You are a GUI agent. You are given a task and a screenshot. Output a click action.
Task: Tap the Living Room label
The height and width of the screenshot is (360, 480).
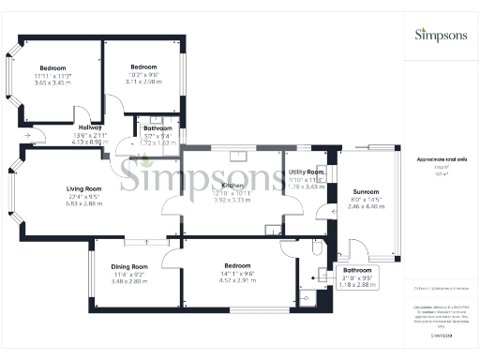click(82, 187)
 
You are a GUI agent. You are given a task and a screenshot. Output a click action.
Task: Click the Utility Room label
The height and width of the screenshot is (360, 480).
click(307, 172)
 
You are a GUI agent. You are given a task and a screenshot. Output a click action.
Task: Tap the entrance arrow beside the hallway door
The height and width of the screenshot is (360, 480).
click(27, 137)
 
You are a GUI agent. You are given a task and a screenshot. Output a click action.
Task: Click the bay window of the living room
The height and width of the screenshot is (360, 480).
click(12, 192)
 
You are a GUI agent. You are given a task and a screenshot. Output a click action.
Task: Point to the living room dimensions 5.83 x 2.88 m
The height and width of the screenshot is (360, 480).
click(82, 202)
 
